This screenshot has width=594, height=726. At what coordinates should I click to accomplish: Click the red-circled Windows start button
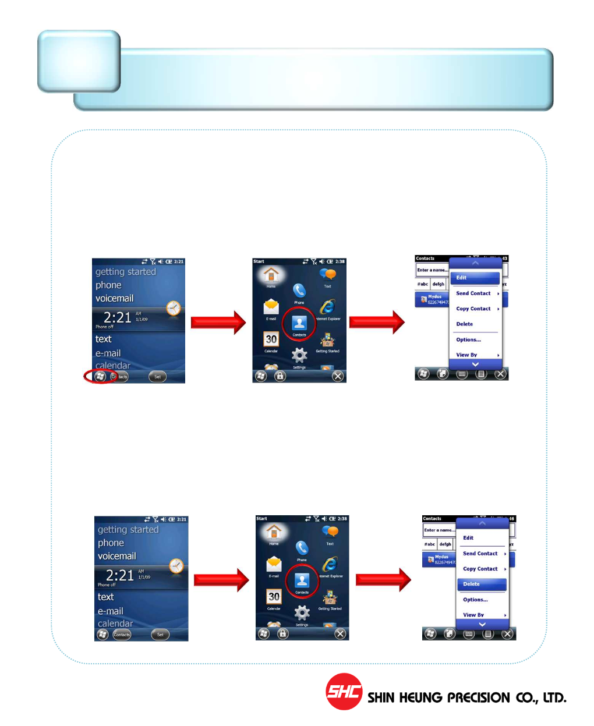100,376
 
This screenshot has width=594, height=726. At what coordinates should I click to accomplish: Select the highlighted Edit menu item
475,278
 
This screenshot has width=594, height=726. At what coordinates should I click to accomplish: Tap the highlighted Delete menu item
482,584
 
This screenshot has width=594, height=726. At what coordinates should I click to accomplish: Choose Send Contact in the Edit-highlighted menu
473,293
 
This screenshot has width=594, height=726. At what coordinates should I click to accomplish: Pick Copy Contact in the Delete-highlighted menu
480,569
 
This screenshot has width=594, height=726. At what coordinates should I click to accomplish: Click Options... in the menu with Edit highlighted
469,339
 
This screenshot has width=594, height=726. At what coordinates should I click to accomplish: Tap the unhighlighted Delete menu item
465,324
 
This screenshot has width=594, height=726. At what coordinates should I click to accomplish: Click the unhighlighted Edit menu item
468,538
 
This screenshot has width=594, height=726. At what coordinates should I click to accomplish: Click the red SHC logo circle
344,691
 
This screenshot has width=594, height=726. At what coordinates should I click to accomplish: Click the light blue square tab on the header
79,61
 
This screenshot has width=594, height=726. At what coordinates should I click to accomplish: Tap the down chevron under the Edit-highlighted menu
475,364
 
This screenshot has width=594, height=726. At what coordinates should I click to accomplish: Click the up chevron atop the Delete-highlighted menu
482,523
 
